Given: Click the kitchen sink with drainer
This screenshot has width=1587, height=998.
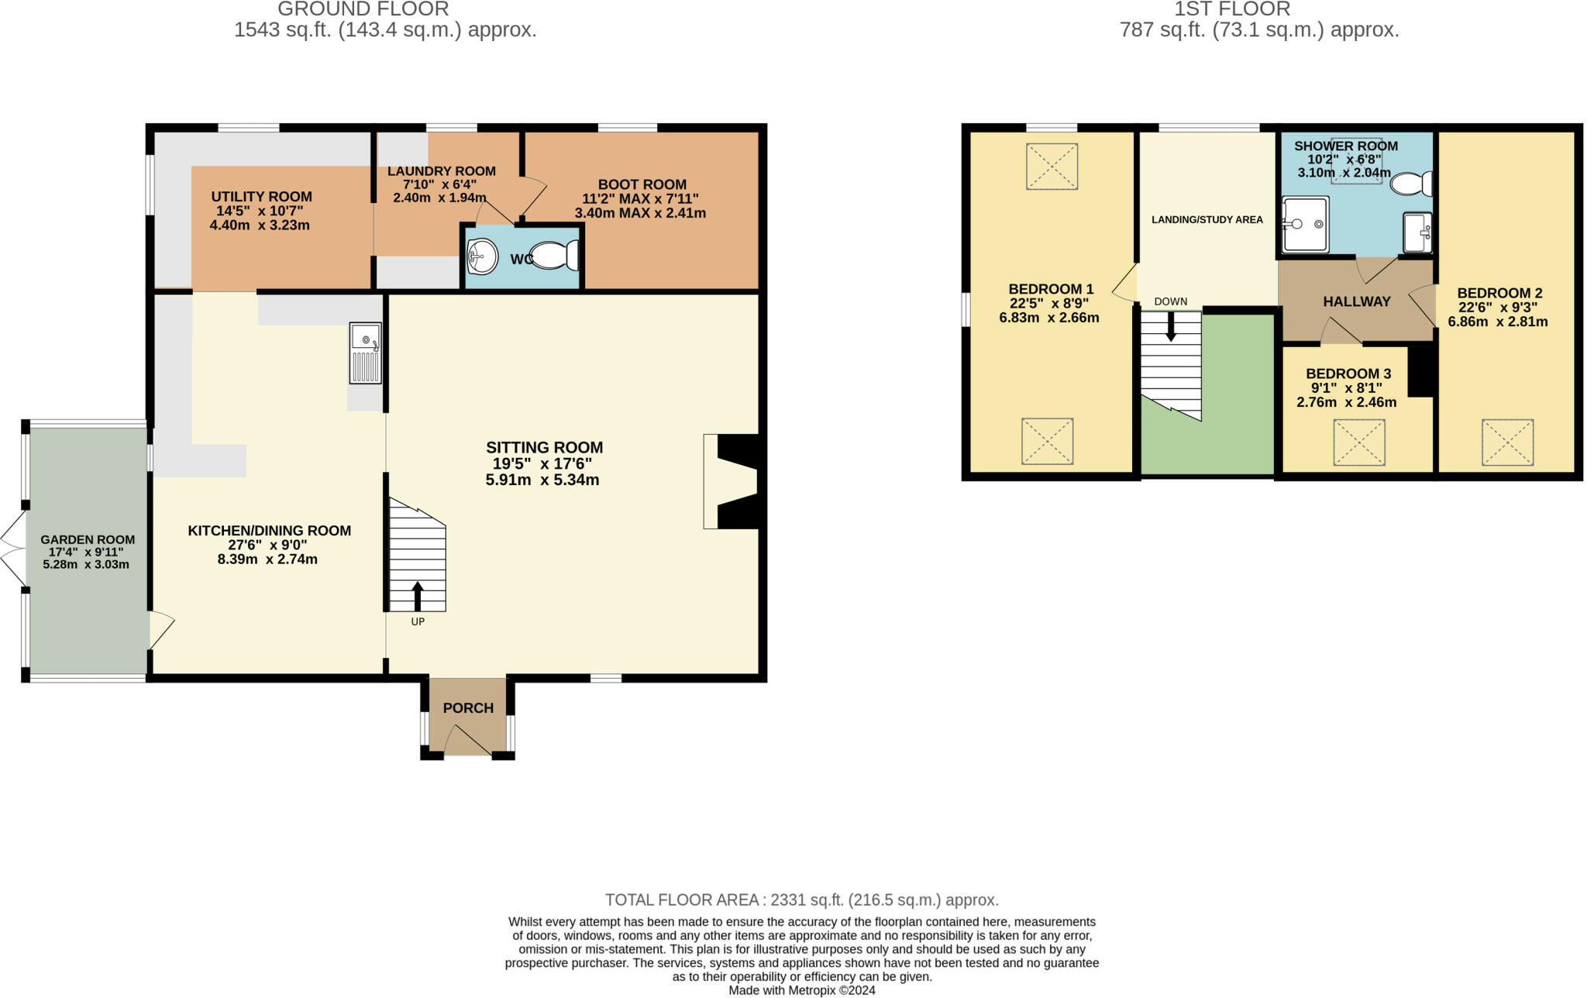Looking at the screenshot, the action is click(366, 353).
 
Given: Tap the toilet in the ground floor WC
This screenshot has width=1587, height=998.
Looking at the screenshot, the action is click(555, 255).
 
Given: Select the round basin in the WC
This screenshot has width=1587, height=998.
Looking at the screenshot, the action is click(482, 256).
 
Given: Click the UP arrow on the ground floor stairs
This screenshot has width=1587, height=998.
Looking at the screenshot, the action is click(418, 596).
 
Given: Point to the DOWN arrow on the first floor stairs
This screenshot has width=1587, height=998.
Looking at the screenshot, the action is click(1171, 326).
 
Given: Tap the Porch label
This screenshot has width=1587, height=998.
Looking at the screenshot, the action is click(468, 708).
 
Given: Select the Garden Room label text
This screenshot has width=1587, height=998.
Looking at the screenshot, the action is click(88, 539).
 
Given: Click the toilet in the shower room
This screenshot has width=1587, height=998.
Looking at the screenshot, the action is click(1411, 184).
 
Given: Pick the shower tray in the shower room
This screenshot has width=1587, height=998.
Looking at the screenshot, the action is click(1305, 224).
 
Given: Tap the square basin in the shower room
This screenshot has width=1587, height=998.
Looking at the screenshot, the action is click(1417, 232).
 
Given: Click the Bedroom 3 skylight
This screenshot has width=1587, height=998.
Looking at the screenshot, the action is click(1358, 442).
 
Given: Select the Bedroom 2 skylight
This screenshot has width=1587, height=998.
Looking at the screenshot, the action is click(1507, 442).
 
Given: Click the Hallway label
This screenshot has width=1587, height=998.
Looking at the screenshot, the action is click(1357, 301).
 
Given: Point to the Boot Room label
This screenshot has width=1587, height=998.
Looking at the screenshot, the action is click(642, 184).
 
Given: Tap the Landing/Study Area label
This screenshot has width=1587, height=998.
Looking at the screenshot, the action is click(1207, 220).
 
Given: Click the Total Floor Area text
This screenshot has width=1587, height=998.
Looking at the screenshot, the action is click(802, 900).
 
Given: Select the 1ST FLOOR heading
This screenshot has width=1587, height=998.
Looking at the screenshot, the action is click(1232, 9).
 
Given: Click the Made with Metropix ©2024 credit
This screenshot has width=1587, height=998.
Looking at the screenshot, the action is click(802, 990).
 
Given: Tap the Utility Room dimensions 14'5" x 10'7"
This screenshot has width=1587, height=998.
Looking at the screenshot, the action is click(261, 211).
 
